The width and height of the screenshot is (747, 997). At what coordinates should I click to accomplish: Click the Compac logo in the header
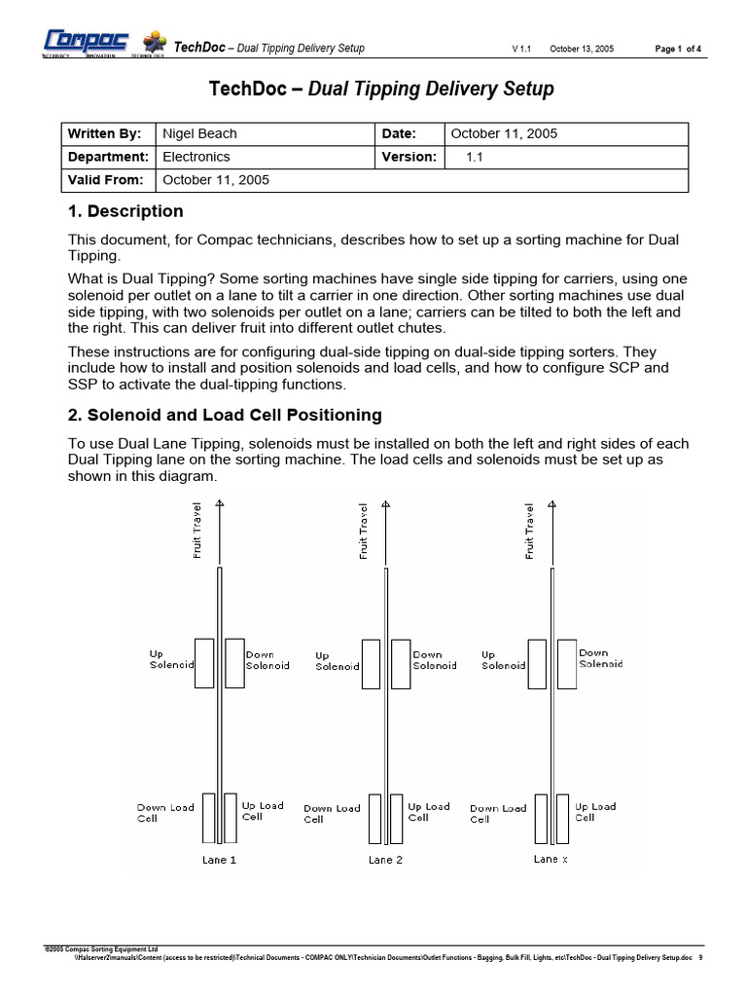tap(87, 41)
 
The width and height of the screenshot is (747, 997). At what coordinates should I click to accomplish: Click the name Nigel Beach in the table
tap(199, 133)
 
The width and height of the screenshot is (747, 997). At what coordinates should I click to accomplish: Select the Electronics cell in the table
tap(196, 157)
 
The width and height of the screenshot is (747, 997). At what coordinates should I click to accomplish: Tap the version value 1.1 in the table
tap(475, 157)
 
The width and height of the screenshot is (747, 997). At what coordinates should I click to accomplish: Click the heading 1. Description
tap(125, 211)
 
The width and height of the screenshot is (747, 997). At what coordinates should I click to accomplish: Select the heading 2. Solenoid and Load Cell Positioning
tap(225, 415)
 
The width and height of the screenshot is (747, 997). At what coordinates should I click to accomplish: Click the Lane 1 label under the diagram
tap(219, 860)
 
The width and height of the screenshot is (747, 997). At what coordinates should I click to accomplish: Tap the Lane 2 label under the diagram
tap(385, 860)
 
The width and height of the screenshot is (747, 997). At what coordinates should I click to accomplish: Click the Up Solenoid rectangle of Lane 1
tap(204, 663)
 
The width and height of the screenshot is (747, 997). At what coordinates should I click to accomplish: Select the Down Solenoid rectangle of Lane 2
tap(400, 663)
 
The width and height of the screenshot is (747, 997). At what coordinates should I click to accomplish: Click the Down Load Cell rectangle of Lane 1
tap(208, 818)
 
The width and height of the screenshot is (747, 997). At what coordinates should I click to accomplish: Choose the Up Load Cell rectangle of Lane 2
tap(396, 818)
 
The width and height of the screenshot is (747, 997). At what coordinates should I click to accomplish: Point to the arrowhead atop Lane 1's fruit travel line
tap(220, 503)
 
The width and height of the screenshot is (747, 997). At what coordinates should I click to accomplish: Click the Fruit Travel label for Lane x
tap(530, 532)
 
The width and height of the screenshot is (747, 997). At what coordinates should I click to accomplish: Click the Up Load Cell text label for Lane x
tap(594, 812)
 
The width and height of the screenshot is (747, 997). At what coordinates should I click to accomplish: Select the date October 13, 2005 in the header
tap(582, 49)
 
